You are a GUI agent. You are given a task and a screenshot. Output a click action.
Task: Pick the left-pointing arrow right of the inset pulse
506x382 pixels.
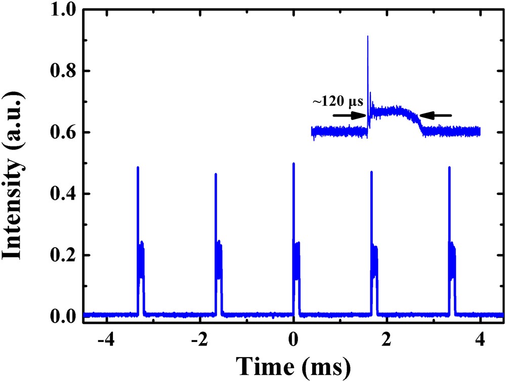pos(436,116)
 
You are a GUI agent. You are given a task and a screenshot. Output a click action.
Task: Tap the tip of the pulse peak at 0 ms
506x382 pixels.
pos(293,164)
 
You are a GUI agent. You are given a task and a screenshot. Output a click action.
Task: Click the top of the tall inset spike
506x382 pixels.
pos(368,36)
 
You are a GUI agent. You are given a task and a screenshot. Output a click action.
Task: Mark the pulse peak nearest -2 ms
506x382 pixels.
pos(216,174)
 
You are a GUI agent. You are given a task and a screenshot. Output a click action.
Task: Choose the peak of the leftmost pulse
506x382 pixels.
pos(138,167)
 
